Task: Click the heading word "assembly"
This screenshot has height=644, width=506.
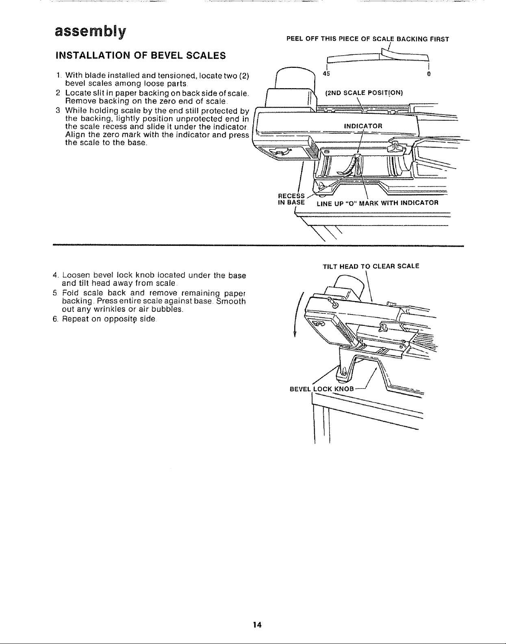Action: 91,31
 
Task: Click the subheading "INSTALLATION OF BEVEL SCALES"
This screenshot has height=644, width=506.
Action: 141,55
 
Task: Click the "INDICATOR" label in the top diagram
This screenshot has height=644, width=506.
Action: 363,126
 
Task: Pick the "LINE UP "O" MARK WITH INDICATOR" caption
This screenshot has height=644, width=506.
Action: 377,203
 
